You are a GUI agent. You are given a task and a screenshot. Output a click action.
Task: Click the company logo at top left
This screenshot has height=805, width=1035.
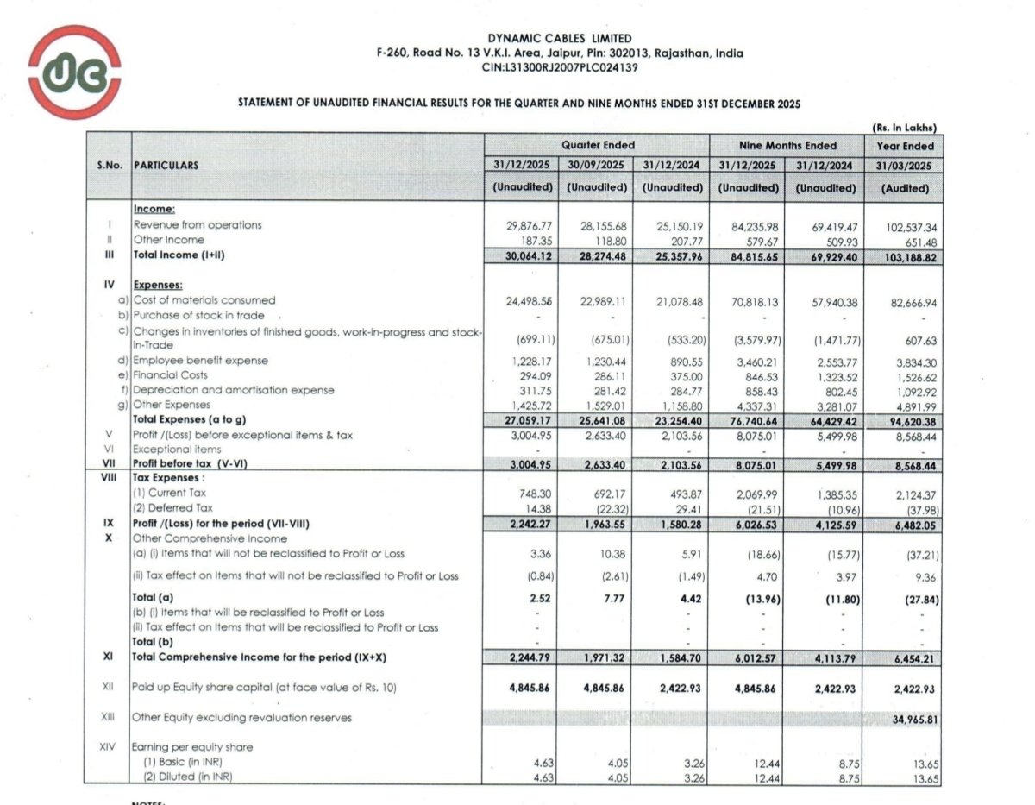(x=74, y=72)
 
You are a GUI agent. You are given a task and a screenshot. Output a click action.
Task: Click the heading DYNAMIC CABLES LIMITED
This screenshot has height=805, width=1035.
(x=560, y=39)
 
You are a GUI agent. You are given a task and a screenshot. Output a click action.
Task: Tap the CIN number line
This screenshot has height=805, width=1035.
(x=560, y=67)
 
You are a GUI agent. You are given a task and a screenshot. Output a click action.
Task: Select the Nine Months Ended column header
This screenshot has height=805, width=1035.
(x=787, y=146)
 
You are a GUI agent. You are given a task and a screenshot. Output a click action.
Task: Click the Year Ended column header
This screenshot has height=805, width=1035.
(x=905, y=146)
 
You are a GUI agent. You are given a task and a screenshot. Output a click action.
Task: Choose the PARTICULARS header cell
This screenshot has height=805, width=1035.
(x=166, y=165)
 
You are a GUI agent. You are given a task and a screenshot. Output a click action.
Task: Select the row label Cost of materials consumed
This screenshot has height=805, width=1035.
(x=204, y=300)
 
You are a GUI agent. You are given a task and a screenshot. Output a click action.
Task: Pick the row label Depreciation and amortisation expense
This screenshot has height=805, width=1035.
(x=233, y=390)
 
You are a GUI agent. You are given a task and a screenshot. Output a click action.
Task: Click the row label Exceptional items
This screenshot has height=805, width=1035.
(x=177, y=450)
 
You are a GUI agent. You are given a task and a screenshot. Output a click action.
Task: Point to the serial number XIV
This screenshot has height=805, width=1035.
(x=108, y=747)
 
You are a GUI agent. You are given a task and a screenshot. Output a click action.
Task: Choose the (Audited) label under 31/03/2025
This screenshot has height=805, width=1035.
(x=905, y=187)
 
